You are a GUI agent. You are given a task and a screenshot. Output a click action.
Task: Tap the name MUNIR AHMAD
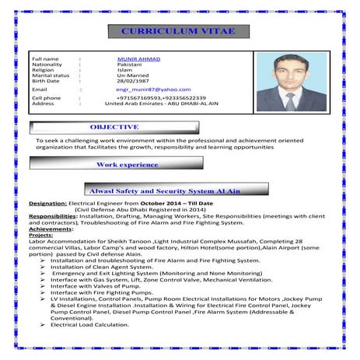point(135,58)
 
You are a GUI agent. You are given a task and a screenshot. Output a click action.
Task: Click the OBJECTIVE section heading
point(114,126)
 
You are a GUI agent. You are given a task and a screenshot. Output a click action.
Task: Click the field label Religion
point(43,70)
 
